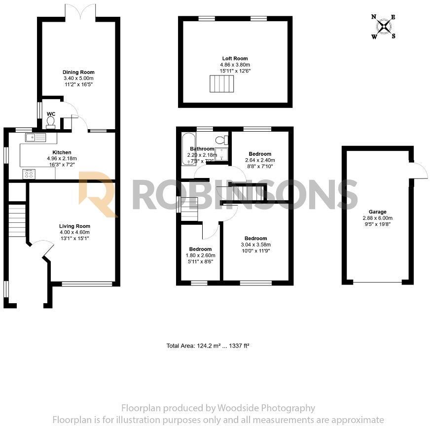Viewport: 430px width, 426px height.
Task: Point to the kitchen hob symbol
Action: click(x=29, y=174)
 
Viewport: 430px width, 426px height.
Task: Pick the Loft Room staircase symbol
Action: click(x=221, y=84)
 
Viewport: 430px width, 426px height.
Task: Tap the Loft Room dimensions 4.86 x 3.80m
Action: click(x=234, y=65)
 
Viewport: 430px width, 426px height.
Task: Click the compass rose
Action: click(x=384, y=26)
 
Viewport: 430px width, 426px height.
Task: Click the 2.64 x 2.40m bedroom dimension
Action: click(x=260, y=160)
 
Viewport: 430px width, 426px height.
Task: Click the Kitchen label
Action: click(x=62, y=152)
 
